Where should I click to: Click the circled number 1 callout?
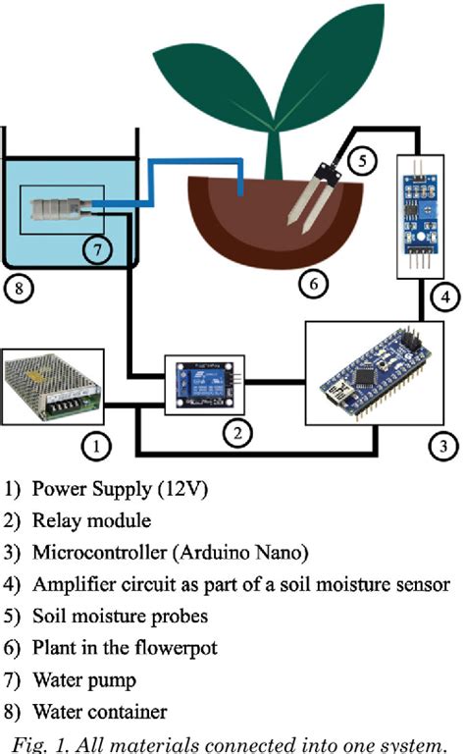(x=96, y=447)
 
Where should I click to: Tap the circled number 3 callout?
(x=442, y=447)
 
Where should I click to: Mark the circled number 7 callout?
(x=94, y=250)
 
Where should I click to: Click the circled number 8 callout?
(x=20, y=288)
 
